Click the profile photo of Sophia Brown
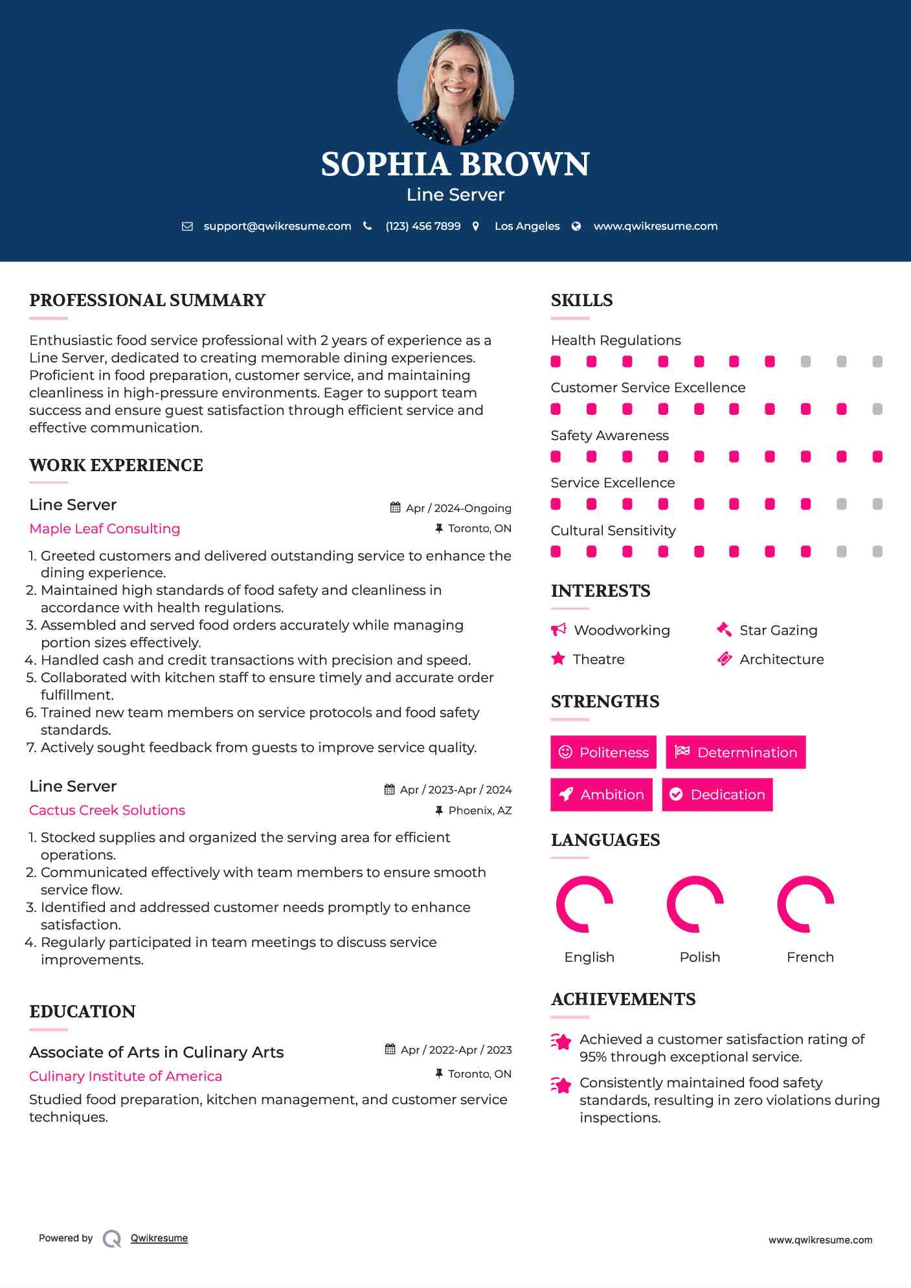click(x=455, y=87)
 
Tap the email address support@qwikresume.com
click(x=277, y=226)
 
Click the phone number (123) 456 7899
click(x=423, y=226)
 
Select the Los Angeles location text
click(x=526, y=226)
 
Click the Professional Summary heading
click(x=148, y=300)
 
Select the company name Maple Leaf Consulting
click(x=105, y=529)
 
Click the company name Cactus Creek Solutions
click(x=107, y=810)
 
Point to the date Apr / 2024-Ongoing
click(x=458, y=508)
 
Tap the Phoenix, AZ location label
click(x=480, y=810)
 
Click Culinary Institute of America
click(x=126, y=1076)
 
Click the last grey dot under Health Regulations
click(x=877, y=362)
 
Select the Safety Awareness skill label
click(x=609, y=436)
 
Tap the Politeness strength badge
click(x=603, y=752)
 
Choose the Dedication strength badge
click(x=717, y=795)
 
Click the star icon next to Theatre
click(x=557, y=659)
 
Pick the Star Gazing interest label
click(x=778, y=630)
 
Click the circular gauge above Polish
click(x=695, y=904)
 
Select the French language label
click(x=810, y=957)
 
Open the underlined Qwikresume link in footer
click(x=159, y=1238)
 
